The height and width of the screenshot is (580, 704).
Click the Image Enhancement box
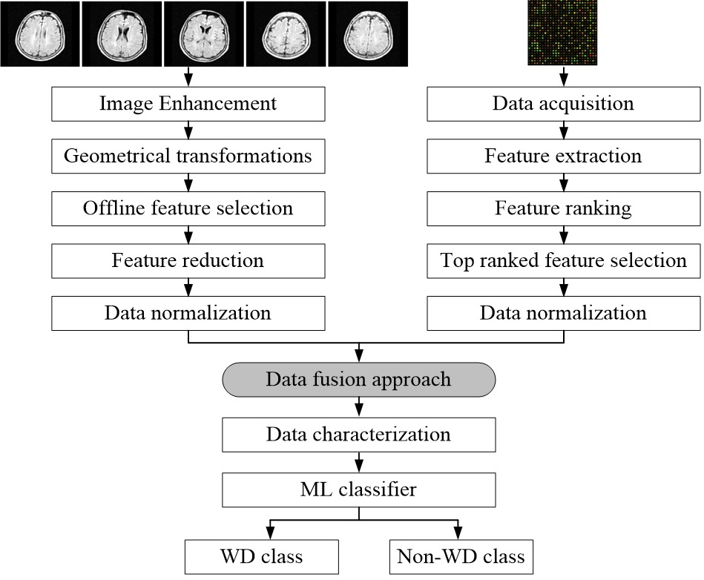(188, 104)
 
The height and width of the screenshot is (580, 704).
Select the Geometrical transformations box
(188, 156)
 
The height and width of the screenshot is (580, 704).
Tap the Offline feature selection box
(188, 208)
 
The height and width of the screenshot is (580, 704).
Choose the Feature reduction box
(188, 261)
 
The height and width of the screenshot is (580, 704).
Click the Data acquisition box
(564, 104)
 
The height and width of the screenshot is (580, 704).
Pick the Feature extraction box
(564, 156)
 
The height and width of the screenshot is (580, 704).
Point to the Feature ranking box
(564, 208)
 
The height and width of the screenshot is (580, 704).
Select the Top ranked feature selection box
(564, 261)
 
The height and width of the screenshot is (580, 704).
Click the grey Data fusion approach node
(359, 380)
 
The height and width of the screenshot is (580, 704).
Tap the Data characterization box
(359, 435)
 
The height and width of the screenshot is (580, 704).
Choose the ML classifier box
(359, 490)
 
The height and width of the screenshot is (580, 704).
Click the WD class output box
(262, 557)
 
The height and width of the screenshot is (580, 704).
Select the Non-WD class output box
(461, 557)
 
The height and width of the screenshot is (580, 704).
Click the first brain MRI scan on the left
(40, 34)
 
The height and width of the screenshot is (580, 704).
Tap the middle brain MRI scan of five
(204, 34)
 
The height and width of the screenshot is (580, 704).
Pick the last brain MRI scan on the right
(368, 34)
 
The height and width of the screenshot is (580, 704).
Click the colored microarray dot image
(562, 33)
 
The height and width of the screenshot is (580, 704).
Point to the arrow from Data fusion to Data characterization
(359, 407)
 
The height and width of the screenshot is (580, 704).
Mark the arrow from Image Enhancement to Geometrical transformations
(188, 131)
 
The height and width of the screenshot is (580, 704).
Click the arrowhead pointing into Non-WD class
(458, 535)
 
